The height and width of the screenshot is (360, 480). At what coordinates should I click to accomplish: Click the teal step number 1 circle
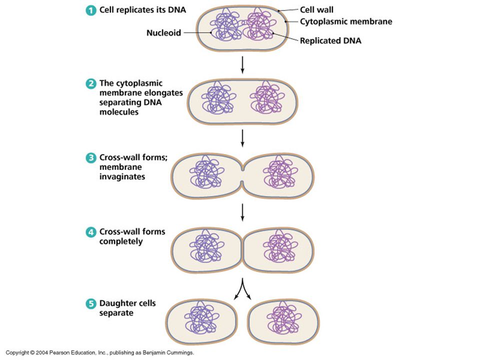pos(90,10)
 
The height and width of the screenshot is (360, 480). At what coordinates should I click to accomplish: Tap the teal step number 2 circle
pos(90,83)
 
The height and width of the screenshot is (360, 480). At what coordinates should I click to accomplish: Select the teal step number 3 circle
pos(90,158)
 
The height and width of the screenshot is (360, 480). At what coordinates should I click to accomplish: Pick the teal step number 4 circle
pos(90,232)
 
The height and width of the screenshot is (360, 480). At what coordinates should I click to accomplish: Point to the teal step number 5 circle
pos(90,304)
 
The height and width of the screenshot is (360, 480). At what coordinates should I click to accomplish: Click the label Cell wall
pos(316,10)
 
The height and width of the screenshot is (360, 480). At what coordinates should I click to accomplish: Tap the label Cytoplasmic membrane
pos(346,21)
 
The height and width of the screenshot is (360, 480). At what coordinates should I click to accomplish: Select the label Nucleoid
pos(164,33)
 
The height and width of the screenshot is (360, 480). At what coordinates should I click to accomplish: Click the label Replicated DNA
pos(330,40)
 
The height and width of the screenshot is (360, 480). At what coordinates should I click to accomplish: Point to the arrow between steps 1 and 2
pos(242,65)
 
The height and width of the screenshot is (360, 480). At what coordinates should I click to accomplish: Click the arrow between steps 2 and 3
pos(242,138)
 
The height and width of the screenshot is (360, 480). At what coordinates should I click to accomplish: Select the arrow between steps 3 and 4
pos(242,212)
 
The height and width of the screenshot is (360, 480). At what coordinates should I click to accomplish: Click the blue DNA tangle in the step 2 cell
pos(218,98)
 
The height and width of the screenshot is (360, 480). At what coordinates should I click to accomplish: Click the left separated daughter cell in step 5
pos(201,321)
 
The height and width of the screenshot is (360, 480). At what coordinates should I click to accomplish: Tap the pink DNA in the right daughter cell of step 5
pos(284,318)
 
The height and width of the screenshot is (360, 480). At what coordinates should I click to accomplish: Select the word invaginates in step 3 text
pos(122,176)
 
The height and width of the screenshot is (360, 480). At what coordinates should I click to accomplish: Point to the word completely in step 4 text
pos(121,241)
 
